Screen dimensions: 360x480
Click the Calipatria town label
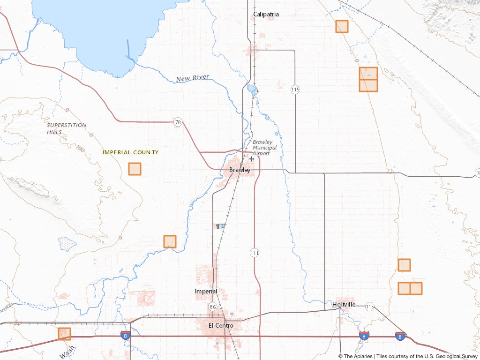(x=266, y=14)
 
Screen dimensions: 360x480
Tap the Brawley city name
(x=240, y=170)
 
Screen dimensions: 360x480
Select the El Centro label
(x=221, y=325)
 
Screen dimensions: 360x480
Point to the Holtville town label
(x=344, y=304)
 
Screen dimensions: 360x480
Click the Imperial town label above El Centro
(x=206, y=291)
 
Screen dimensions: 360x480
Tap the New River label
(x=193, y=78)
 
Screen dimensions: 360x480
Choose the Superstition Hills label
(x=67, y=128)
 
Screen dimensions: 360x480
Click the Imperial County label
(x=130, y=152)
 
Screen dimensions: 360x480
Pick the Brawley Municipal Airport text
(x=264, y=148)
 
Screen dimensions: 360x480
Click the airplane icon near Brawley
(x=252, y=159)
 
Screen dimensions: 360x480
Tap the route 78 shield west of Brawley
(x=177, y=122)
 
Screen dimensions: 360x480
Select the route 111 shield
(x=255, y=253)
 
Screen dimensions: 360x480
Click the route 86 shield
(x=212, y=307)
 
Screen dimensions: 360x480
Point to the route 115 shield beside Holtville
(x=370, y=307)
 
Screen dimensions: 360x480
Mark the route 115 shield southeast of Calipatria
(x=295, y=89)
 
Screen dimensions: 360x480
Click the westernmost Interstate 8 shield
(x=125, y=335)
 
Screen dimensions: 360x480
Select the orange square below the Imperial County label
(x=135, y=169)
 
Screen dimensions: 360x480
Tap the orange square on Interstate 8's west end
(x=64, y=334)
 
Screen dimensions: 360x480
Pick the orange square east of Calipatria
(x=342, y=26)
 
